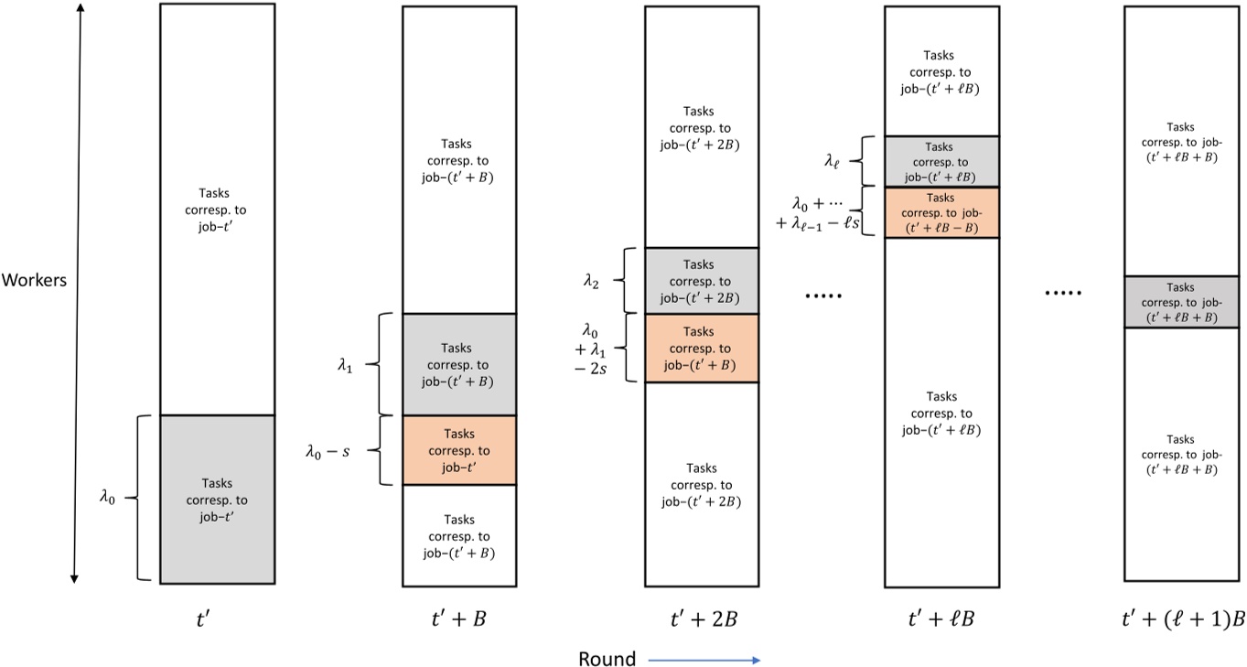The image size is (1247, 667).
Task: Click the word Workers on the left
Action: point(34,280)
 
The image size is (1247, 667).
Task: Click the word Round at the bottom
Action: point(607,658)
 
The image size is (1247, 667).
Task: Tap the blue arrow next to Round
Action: point(704,659)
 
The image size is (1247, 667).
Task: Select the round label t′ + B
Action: point(458,619)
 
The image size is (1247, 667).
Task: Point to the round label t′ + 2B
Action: point(702,619)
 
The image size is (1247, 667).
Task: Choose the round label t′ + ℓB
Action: point(941,619)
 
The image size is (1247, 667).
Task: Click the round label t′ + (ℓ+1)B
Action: point(1182,619)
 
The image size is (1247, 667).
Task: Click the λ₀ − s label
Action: point(328,450)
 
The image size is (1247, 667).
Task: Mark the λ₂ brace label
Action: point(592,281)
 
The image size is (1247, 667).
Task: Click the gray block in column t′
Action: point(217,499)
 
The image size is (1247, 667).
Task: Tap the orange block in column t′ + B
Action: point(459,450)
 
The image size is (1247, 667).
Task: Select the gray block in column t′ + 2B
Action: point(702,281)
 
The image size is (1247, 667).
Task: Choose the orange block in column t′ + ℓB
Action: point(941,212)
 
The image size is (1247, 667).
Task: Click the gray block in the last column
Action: point(1181,302)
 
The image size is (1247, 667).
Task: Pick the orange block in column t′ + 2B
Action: point(702,348)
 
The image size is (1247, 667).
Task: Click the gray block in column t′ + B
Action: point(459,364)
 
